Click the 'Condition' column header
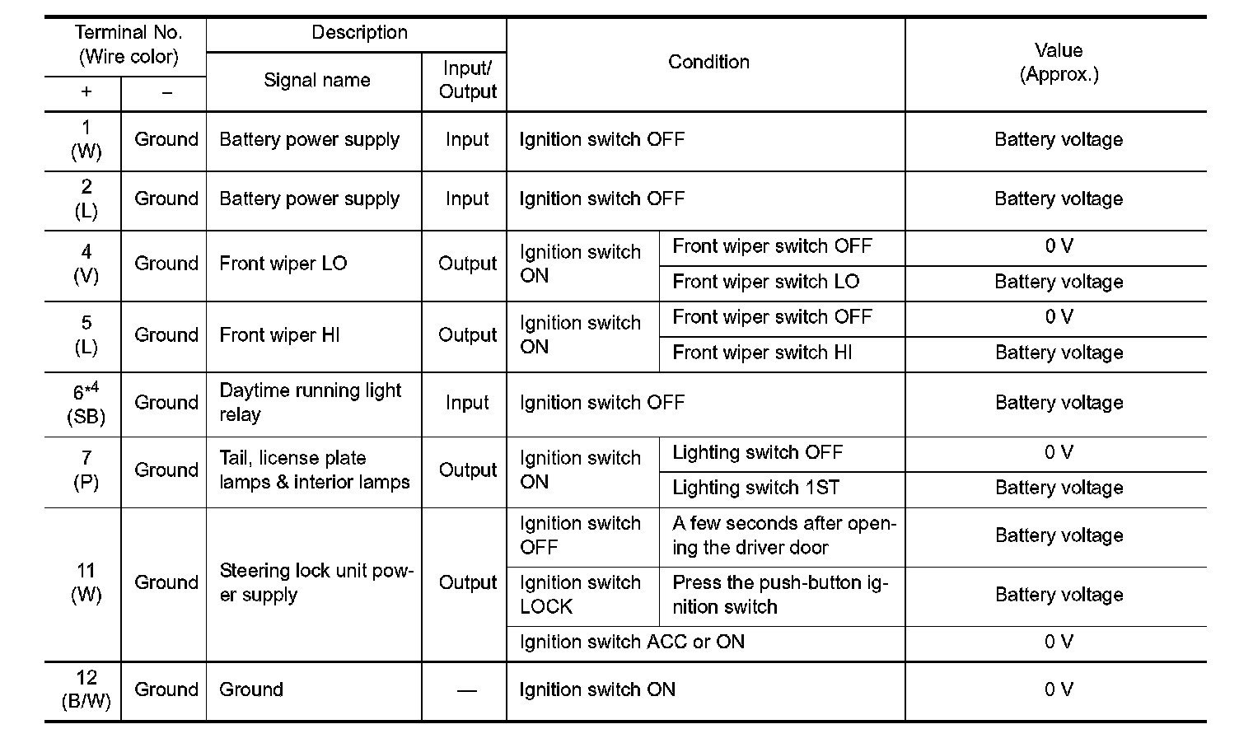pos(708,63)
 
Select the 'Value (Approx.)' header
pos(1059,63)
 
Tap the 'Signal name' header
pos(316,81)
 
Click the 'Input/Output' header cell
pos(467,81)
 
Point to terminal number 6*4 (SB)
pos(86,404)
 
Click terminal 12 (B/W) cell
pos(86,690)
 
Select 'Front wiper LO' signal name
pos(283,264)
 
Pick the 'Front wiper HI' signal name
pos(279,335)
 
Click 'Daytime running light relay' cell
pos(310,403)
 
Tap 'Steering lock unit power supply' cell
pos(316,583)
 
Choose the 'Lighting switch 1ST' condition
pos(755,488)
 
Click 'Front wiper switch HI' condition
pos(762,353)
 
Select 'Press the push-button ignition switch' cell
pos(779,596)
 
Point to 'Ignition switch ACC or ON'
pos(632,643)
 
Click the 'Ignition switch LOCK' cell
pos(580,596)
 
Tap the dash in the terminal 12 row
pos(466,690)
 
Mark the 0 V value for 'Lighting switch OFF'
pos(1059,453)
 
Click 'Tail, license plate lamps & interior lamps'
pos(314,470)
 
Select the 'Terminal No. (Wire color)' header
pos(127,45)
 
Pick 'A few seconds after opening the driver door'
pos(783,536)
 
